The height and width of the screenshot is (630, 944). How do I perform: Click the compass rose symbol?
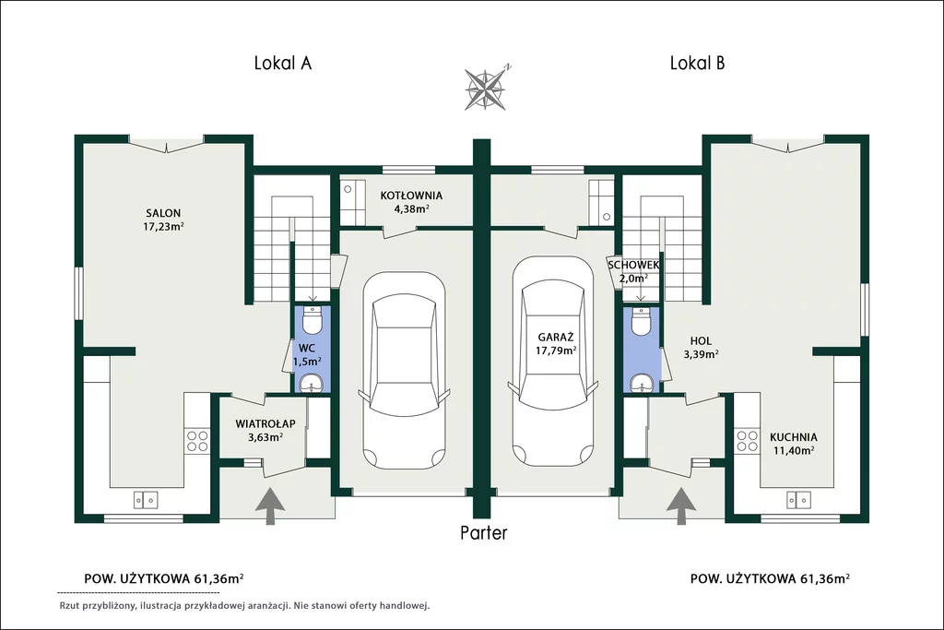485,89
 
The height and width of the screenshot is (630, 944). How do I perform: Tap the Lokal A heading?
282,64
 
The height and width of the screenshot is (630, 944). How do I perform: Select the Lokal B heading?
697,64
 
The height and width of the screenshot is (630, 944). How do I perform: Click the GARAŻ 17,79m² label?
556,344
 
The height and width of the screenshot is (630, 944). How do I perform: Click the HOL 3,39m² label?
701,348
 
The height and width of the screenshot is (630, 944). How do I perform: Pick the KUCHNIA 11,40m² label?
794,444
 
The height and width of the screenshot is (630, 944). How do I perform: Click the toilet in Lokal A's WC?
312,320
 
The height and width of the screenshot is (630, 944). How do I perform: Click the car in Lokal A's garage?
405,369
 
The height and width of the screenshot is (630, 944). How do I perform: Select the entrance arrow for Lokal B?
681,505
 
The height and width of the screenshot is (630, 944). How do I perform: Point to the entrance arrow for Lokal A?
270,505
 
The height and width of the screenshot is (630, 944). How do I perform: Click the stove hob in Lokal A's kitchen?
197,440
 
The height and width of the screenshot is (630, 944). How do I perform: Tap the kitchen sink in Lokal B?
798,499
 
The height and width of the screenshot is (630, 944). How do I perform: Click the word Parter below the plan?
484,533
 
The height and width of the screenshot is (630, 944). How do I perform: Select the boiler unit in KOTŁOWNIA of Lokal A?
352,202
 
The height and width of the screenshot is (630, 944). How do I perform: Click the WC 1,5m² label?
307,355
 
